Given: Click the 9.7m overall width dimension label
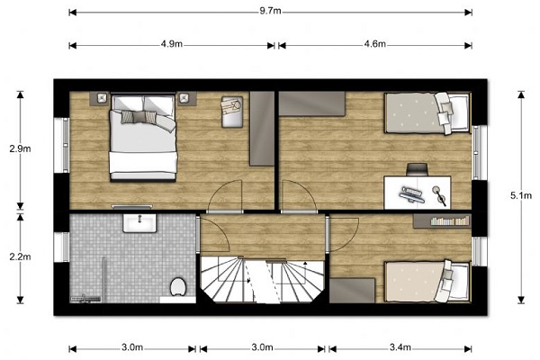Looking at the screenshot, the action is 270,11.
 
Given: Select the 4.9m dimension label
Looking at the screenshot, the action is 172,44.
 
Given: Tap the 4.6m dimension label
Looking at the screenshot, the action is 374,44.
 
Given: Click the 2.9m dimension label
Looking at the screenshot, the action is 20,148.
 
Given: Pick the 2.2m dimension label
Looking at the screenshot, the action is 20,256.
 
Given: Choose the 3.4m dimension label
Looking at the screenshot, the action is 400,347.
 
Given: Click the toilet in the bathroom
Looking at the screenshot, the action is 178,286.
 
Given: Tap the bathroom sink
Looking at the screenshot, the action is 139,223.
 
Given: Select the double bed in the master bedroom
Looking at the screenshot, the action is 143,137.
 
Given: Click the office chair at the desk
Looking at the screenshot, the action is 418,169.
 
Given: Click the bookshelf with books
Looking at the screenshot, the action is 442,220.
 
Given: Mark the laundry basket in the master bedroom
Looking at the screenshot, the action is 232,112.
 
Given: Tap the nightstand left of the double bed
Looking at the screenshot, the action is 100,98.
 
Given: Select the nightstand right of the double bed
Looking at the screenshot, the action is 186,98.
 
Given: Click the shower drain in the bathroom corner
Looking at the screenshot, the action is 85,298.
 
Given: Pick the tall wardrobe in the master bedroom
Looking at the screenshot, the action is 262,129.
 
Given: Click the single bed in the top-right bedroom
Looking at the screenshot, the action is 427,112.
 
